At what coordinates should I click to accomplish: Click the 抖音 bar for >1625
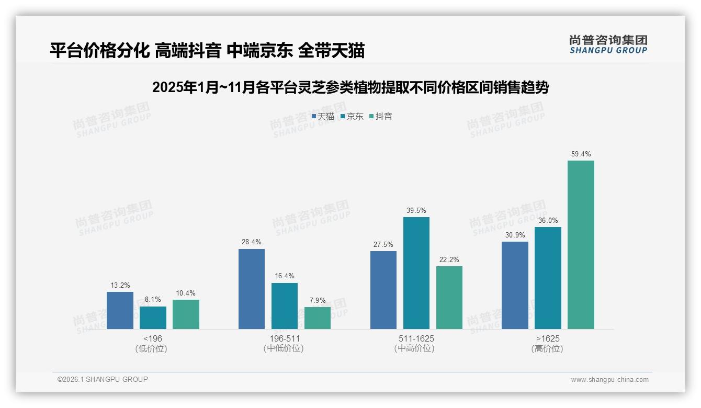click(581, 245)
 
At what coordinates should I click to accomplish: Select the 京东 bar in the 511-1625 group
click(416, 273)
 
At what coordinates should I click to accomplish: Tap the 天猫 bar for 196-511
click(252, 289)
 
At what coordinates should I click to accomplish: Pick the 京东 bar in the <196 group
click(153, 318)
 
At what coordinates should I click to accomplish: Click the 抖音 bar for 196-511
click(318, 318)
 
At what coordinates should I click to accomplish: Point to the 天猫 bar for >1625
click(515, 285)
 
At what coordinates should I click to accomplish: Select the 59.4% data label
click(581, 154)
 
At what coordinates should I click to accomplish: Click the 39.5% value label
click(416, 211)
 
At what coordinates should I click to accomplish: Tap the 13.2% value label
click(120, 286)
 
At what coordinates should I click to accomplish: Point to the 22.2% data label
click(449, 260)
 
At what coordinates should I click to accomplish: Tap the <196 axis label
click(153, 339)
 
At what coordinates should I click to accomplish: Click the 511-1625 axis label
click(416, 339)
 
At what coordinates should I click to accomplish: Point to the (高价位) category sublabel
click(548, 349)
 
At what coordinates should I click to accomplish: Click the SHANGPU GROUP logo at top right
click(608, 44)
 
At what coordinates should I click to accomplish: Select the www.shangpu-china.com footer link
click(609, 380)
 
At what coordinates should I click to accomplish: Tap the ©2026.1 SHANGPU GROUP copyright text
click(103, 379)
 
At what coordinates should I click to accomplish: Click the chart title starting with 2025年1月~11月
click(350, 87)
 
